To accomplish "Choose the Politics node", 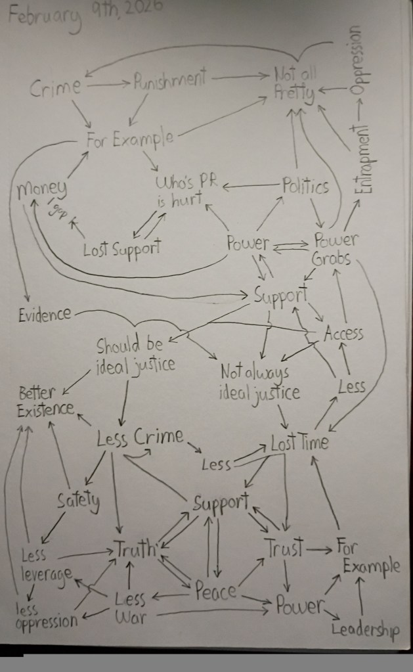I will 305,186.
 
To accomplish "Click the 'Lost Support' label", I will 122,250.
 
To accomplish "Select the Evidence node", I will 45,314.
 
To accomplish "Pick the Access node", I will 343,333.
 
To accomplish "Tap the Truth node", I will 136,547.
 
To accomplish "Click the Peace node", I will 215,591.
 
